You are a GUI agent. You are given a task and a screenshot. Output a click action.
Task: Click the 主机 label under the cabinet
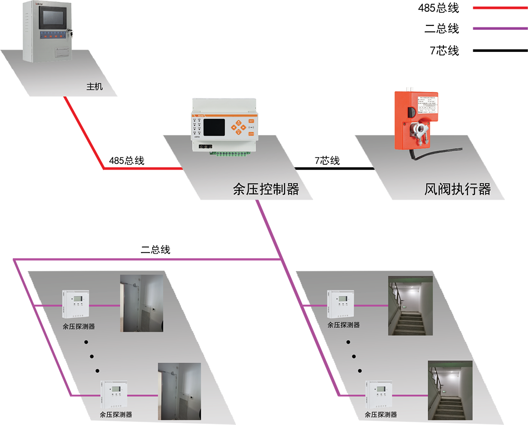pos(94,87)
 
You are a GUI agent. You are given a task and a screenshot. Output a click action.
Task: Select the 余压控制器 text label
pos(266,189)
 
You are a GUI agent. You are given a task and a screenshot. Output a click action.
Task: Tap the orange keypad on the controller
pos(238,128)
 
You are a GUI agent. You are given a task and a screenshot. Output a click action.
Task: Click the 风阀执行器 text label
pos(457,189)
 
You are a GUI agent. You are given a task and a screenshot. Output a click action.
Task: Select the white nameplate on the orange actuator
pos(427,105)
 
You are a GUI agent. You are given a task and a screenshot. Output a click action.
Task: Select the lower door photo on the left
pos(179,391)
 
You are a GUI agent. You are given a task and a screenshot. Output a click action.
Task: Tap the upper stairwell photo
pos(410,306)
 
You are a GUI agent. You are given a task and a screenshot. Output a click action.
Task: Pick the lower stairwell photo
pos(450,390)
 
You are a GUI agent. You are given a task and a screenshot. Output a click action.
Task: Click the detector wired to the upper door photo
pos(76,305)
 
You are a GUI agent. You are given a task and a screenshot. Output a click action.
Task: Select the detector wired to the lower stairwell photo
pos(379,395)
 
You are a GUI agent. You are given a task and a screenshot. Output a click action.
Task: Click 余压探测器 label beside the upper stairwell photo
pos(344,325)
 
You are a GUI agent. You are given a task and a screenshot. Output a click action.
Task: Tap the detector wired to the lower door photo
pos(114,395)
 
